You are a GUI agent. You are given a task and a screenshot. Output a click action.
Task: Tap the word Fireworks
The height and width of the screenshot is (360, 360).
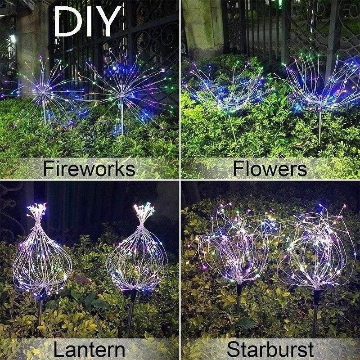pyautogui.click(x=89, y=169)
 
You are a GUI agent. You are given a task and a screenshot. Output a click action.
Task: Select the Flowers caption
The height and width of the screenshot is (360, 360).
pyautogui.click(x=270, y=169)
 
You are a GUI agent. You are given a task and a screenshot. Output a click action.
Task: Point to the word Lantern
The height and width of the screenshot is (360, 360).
pyautogui.click(x=89, y=350)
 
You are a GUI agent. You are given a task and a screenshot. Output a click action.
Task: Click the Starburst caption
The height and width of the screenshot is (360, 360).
pyautogui.click(x=270, y=350)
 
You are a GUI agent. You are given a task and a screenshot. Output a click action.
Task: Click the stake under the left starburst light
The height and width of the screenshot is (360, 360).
pyautogui.click(x=239, y=299)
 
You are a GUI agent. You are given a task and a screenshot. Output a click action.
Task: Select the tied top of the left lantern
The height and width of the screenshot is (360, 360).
pyautogui.click(x=37, y=211)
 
